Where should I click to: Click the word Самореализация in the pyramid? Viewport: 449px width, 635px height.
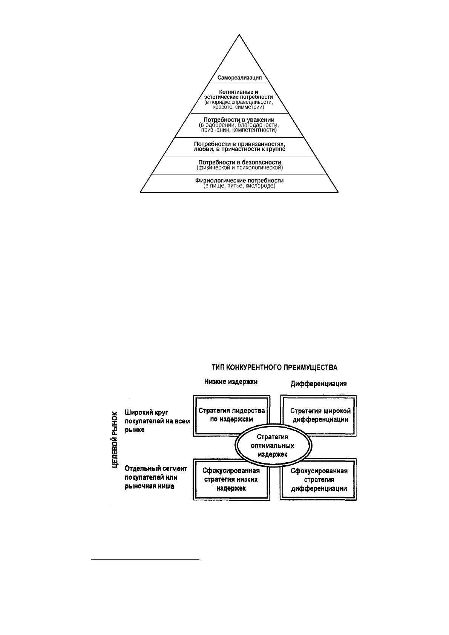[239, 78]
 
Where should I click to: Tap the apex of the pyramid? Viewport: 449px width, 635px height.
[239, 35]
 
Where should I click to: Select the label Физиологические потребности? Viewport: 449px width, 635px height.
[239, 181]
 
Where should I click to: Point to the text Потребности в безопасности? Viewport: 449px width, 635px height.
[239, 163]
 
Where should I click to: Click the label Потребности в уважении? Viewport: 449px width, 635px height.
[239, 120]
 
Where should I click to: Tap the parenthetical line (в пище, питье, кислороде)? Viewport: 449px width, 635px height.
[239, 186]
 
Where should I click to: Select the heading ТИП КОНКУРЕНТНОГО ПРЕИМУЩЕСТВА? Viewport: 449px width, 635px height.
[275, 368]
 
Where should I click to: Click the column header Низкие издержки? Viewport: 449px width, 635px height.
[231, 382]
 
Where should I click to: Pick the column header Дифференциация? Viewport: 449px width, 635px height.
[319, 384]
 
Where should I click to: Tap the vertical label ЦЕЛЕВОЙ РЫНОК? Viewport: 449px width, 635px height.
[115, 440]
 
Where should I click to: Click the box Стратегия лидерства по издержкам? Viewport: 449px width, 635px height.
[231, 416]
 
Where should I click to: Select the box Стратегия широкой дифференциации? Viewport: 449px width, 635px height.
[319, 416]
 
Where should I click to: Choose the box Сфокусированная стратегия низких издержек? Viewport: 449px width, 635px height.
[231, 479]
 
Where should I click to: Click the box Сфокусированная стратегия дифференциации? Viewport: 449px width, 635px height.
[318, 479]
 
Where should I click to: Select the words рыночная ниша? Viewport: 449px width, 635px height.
[149, 486]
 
